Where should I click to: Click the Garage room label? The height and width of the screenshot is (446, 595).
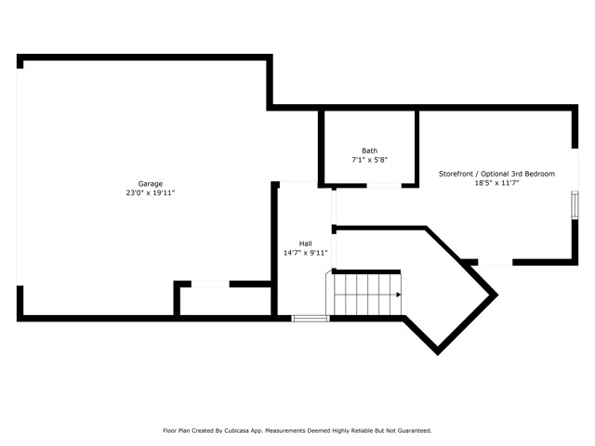[x=151, y=184]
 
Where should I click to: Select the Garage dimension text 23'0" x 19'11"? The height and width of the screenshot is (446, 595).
[x=151, y=193]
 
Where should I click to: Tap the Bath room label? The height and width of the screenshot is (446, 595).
[x=370, y=151]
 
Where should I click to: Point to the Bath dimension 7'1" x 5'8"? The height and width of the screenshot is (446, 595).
[x=370, y=160]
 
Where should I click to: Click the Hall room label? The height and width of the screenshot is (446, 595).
[x=306, y=243]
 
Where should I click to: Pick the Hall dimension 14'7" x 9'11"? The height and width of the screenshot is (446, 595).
[x=306, y=253]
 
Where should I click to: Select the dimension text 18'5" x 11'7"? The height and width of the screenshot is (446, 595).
[x=496, y=183]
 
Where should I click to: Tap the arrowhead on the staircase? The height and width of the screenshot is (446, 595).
[x=399, y=295]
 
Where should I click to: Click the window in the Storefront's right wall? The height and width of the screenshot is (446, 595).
[x=575, y=204]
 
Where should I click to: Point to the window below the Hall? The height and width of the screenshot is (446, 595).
[x=311, y=319]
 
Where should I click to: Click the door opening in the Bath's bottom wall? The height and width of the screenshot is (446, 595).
[x=384, y=186]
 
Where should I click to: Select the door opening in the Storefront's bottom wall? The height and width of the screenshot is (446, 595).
[x=496, y=262]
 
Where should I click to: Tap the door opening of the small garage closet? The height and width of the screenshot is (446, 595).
[x=210, y=284]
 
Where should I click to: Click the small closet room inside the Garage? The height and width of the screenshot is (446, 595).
[x=225, y=301]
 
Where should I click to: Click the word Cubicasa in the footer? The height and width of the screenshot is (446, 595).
[x=238, y=431]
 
